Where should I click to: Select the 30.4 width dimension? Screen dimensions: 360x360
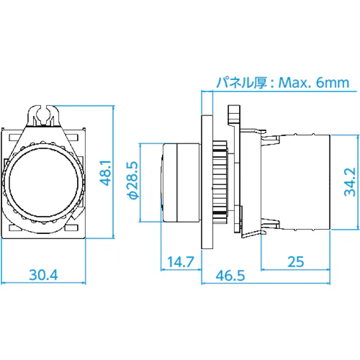(43, 275)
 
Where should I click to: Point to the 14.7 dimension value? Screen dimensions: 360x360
(180, 262)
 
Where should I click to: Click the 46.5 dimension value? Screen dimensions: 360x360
(230, 275)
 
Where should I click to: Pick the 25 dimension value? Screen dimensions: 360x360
(295, 262)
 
